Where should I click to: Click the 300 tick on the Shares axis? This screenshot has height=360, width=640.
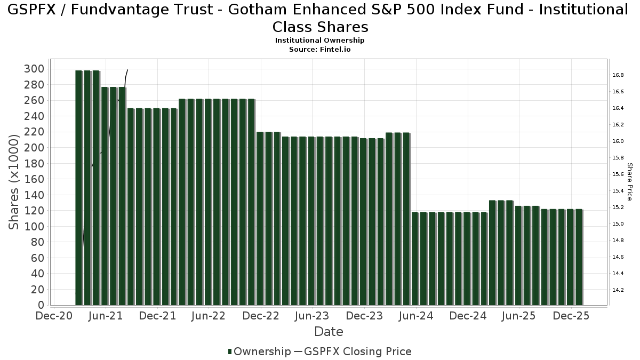pyautogui.click(x=34, y=69)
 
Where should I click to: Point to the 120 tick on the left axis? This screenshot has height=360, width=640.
pyautogui.click(x=34, y=211)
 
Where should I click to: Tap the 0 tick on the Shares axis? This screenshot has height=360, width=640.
pyautogui.click(x=41, y=305)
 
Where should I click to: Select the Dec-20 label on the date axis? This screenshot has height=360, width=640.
pyautogui.click(x=54, y=316)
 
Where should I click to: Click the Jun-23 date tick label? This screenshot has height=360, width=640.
pyautogui.click(x=312, y=316)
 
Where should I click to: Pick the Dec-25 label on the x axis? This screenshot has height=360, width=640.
pyautogui.click(x=571, y=316)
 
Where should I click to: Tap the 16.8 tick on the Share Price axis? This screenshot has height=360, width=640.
pyautogui.click(x=618, y=75)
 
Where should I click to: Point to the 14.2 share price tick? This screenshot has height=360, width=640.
pyautogui.click(x=618, y=290)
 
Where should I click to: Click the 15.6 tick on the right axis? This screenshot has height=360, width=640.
pyautogui.click(x=618, y=174)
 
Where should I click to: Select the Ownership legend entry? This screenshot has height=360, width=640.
pyautogui.click(x=259, y=351)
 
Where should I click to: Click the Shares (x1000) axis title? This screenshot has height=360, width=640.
pyautogui.click(x=14, y=182)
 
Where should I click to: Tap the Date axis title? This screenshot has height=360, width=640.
pyautogui.click(x=329, y=332)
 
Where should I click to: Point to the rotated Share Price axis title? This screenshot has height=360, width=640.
pyautogui.click(x=629, y=182)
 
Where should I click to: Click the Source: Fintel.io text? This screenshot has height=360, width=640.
pyautogui.click(x=319, y=49)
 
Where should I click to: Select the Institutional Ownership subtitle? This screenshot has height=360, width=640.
pyautogui.click(x=319, y=41)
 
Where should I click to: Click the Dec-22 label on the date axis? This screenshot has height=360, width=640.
pyautogui.click(x=261, y=316)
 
